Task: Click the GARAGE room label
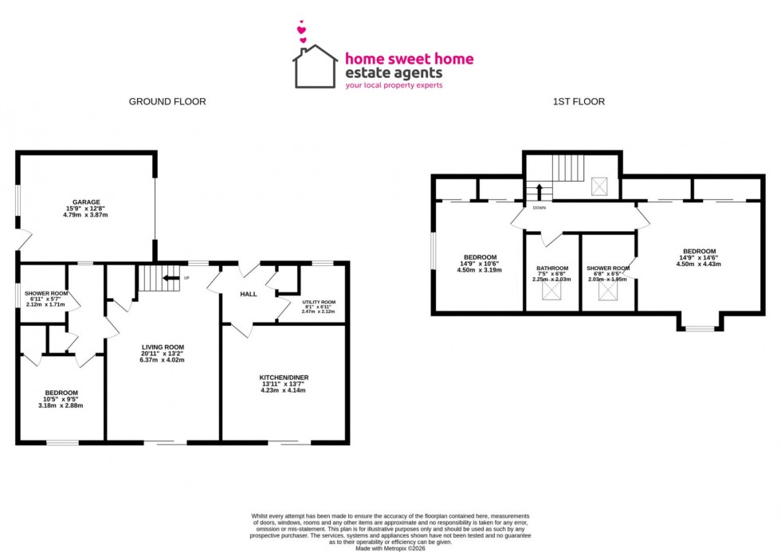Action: tap(86, 202)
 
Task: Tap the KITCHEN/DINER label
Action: tap(283, 377)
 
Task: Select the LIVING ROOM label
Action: tap(163, 346)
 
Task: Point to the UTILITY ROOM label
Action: tap(319, 303)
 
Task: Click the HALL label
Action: tap(248, 294)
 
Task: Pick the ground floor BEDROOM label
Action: tap(61, 393)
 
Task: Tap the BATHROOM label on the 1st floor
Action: tap(551, 268)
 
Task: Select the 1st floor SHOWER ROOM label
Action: tap(607, 268)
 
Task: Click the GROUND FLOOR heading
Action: tap(167, 102)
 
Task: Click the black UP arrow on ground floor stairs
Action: tap(170, 278)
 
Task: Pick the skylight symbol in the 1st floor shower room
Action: tap(607, 292)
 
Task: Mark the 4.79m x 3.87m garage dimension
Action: tap(86, 215)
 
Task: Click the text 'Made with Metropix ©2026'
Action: tap(390, 548)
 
